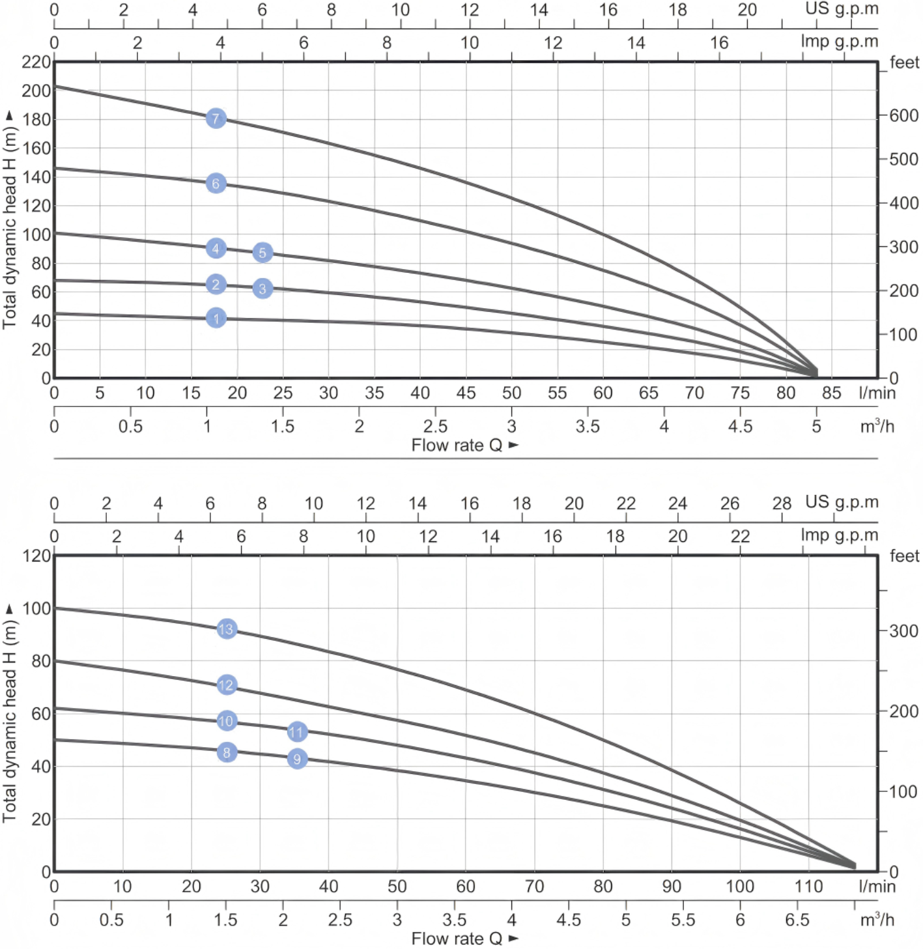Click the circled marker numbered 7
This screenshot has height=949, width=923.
(x=216, y=119)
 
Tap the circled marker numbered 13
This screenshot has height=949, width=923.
(x=226, y=629)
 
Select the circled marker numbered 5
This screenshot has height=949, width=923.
(x=263, y=253)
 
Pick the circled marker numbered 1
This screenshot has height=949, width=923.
(x=216, y=319)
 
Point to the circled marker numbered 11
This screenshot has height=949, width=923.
(x=297, y=731)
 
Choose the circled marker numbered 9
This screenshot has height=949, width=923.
(x=297, y=759)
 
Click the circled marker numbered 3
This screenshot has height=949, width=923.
(x=263, y=289)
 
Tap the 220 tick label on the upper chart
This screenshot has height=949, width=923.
(x=36, y=63)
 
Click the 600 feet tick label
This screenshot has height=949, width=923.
(x=904, y=115)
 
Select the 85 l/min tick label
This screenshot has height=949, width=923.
(x=831, y=393)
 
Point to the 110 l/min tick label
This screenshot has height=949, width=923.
(x=808, y=886)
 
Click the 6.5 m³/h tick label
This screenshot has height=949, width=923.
(x=797, y=920)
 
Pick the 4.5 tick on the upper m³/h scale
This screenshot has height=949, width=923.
(x=740, y=427)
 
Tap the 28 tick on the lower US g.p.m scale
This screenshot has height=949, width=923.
(x=782, y=503)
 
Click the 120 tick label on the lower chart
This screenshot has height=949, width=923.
(x=36, y=556)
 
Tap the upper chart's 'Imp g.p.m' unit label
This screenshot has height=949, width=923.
(x=839, y=42)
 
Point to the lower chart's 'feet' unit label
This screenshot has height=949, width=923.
(x=904, y=556)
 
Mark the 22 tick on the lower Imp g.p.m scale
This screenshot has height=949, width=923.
(x=740, y=536)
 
